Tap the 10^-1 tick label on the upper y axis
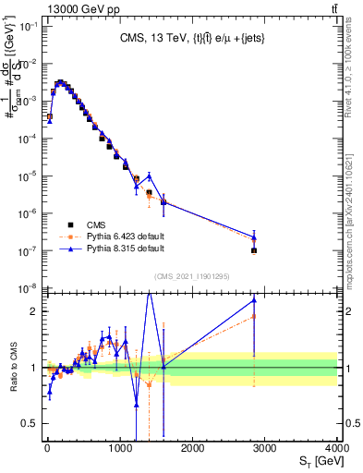pos(28,26)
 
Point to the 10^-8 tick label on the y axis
pos(28,288)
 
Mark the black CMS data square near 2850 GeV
pos(254,250)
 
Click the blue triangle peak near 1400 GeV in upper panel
pos(149,176)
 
